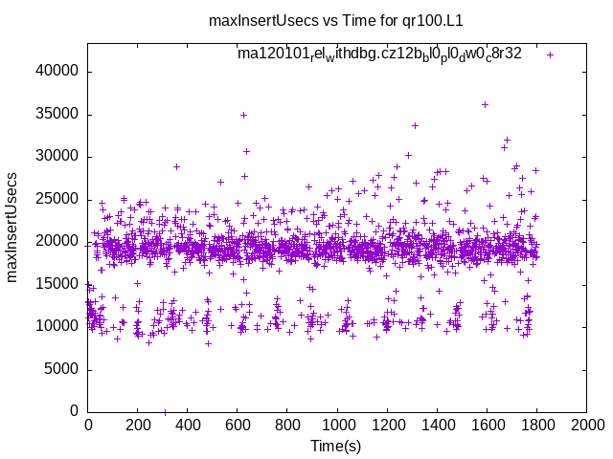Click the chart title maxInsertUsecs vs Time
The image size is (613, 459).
point(306,19)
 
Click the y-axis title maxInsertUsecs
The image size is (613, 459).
point(13,228)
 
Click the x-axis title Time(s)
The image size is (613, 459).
point(337,446)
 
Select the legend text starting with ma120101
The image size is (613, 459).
point(379,54)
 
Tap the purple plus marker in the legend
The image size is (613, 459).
point(550,55)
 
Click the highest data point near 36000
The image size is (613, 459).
point(485,104)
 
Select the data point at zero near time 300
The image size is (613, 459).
point(165,412)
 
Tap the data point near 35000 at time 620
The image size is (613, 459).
point(243,115)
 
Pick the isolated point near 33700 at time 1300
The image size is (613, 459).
point(415,125)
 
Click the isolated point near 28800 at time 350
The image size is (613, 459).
point(176,166)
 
